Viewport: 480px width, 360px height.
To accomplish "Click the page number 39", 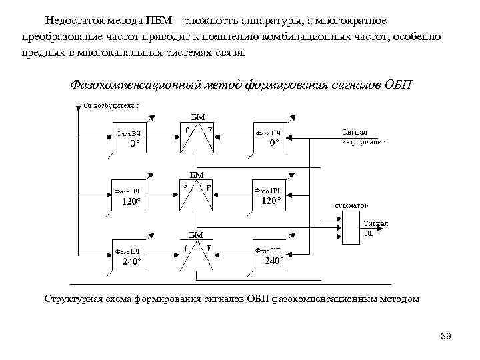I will (x=446, y=336).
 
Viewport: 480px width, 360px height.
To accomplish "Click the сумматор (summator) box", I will (x=349, y=229).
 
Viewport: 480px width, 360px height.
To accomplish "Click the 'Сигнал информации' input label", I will (x=363, y=136).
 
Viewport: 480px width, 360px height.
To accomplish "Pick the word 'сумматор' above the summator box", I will (x=351, y=205).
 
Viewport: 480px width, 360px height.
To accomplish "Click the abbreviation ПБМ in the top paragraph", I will (x=169, y=21).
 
